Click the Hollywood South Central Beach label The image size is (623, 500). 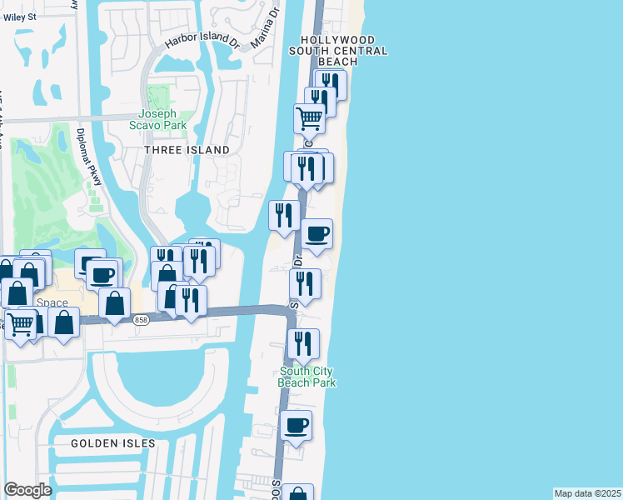click(338, 51)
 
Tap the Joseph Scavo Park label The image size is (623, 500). click(163, 119)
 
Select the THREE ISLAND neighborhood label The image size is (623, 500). click(187, 150)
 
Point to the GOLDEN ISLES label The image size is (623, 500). click(113, 443)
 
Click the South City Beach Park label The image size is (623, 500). click(307, 377)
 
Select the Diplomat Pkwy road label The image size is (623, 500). click(88, 162)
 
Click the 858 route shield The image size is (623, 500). click(142, 320)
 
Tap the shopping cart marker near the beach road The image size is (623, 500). click(310, 119)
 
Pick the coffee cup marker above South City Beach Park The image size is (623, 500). click(316, 234)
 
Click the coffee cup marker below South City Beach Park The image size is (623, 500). click(296, 426)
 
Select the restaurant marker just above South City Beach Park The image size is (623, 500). click(303, 344)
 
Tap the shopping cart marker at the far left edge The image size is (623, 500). click(20, 323)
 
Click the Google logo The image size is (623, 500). click(27, 490)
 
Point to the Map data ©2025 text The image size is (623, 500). click(587, 493)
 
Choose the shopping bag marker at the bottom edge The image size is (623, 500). click(297, 494)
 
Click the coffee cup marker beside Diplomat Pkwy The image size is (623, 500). click(104, 274)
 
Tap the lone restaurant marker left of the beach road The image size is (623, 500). click(284, 216)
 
